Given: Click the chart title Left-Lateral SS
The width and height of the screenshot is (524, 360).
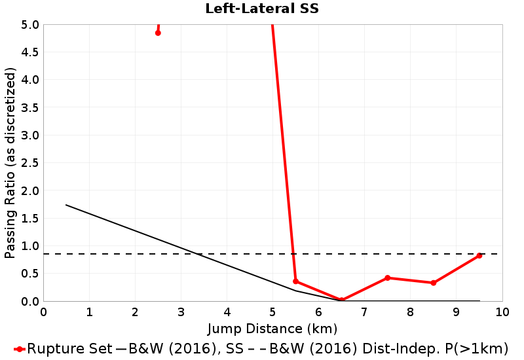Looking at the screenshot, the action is tap(262, 9).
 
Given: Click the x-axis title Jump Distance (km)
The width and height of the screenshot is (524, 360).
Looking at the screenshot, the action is tap(272, 329).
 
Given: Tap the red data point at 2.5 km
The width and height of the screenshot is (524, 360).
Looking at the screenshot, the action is tap(158, 33).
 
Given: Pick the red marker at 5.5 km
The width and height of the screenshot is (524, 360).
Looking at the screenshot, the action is tap(295, 281).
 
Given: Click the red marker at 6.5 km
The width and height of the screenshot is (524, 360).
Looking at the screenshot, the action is tap(341, 300).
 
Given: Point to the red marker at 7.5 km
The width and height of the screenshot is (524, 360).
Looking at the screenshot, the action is tap(387, 278).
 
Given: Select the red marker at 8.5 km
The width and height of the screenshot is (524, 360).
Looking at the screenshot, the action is tap(434, 283).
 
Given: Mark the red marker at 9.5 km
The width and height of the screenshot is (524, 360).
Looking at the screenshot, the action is tap(479, 255).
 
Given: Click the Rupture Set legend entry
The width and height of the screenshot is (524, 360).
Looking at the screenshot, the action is tap(63, 349).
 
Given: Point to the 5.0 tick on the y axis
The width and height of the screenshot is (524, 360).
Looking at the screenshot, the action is tap(29, 25).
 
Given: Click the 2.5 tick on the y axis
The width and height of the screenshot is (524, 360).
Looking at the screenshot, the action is tap(29, 163).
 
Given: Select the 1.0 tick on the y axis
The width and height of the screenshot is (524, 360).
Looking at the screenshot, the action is tap(29, 246).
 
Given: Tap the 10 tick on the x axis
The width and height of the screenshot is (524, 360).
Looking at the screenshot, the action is tap(502, 312).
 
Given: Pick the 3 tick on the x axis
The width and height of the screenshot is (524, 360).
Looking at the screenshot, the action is tap(181, 312).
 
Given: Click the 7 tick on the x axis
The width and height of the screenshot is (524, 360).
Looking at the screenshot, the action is tap(365, 312).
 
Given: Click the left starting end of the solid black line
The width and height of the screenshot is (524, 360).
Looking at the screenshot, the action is tap(66, 205).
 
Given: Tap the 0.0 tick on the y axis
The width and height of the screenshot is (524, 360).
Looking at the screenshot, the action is tap(29, 302).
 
